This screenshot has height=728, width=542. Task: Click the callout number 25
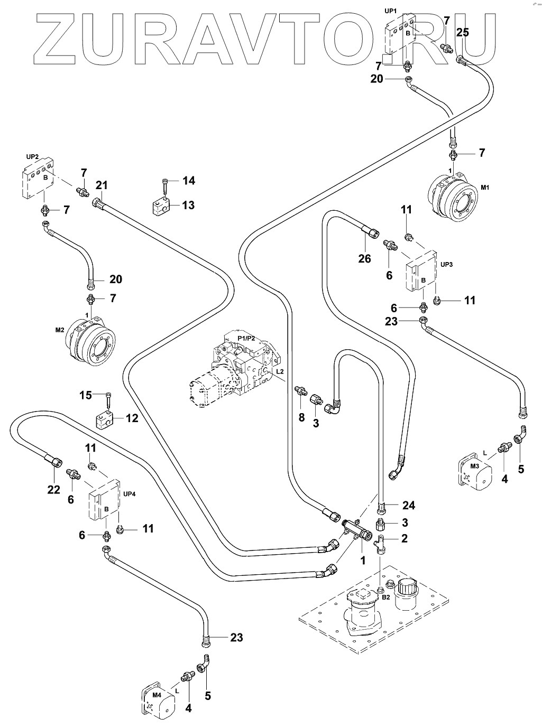pyautogui.click(x=462, y=32)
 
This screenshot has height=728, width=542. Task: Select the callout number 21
pyautogui.click(x=102, y=185)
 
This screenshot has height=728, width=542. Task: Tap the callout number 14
pyautogui.click(x=188, y=181)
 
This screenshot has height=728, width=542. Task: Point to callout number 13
pyautogui.click(x=188, y=205)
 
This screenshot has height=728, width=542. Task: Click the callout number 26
pyautogui.click(x=364, y=259)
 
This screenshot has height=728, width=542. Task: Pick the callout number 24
pyautogui.click(x=408, y=506)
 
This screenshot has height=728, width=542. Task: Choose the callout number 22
pyautogui.click(x=54, y=490)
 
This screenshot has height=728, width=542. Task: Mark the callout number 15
pyautogui.click(x=85, y=395)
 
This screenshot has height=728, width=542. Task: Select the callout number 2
pyautogui.click(x=404, y=538)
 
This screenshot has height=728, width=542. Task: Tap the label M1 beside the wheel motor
pyautogui.click(x=485, y=188)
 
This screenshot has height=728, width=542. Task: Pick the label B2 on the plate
pyautogui.click(x=386, y=597)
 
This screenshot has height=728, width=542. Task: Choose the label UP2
pyautogui.click(x=32, y=157)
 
